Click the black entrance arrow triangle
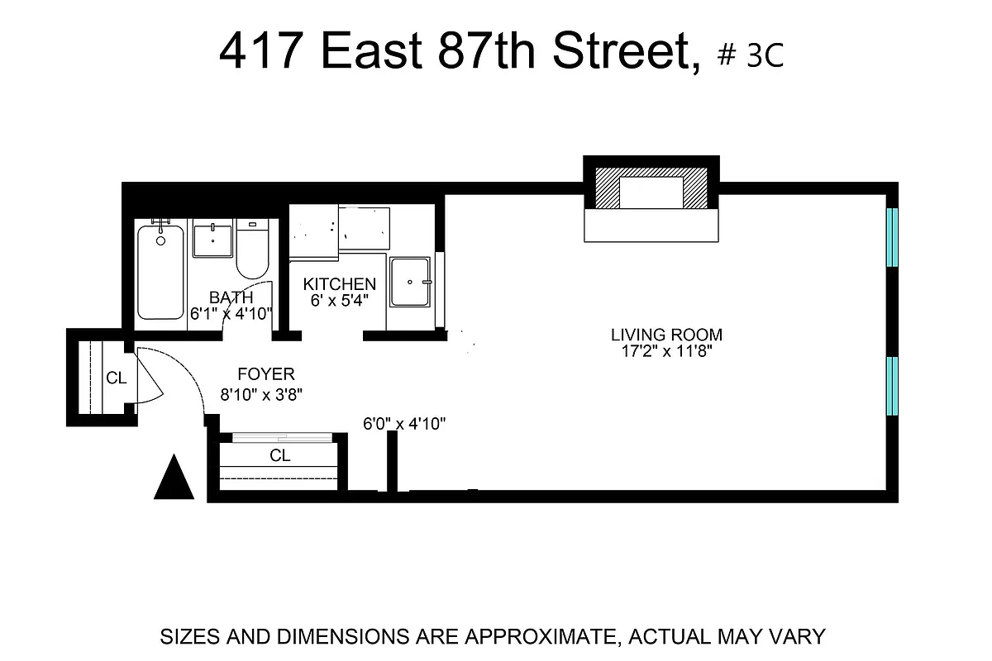click(174, 480)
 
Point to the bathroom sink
click(213, 240)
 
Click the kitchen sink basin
click(409, 283)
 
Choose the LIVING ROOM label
click(666, 335)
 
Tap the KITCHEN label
click(339, 284)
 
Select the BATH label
click(231, 297)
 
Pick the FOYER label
click(265, 374)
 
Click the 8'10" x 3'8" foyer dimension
click(262, 395)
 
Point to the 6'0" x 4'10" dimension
click(405, 425)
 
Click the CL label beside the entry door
click(117, 378)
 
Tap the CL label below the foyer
click(280, 455)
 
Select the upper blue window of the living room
click(892, 237)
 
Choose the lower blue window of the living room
click(892, 386)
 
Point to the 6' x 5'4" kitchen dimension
click(340, 300)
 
